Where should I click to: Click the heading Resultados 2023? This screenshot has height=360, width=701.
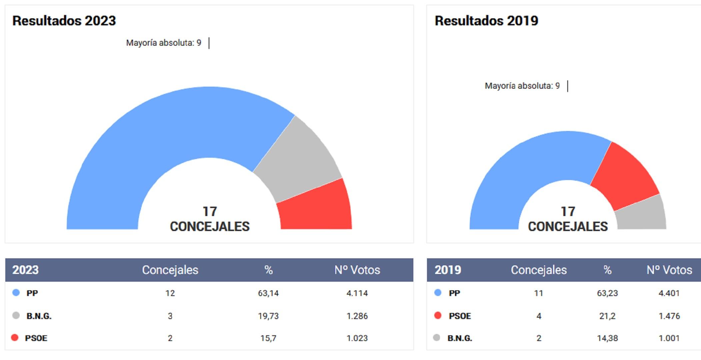click(64, 21)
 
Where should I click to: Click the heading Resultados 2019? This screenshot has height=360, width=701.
click(486, 21)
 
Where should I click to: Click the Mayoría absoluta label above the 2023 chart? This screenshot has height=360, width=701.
click(163, 43)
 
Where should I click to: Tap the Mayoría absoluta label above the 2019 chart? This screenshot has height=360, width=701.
click(522, 86)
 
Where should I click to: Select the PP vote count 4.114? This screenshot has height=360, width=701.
click(357, 293)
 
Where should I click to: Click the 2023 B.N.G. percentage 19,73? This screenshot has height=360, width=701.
click(268, 316)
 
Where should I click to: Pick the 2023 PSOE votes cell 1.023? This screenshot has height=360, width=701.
click(357, 338)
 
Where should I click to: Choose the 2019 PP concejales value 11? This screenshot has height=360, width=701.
click(538, 293)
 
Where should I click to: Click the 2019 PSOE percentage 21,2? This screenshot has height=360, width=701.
click(607, 316)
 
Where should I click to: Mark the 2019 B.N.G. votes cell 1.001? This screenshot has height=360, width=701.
click(669, 338)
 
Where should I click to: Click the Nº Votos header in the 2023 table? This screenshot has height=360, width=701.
click(357, 270)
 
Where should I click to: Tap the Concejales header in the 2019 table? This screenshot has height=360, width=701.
click(538, 270)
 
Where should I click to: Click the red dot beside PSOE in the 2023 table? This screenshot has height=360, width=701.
click(15, 338)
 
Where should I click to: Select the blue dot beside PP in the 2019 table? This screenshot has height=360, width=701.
click(438, 293)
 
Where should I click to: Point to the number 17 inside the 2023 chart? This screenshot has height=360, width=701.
click(210, 212)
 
